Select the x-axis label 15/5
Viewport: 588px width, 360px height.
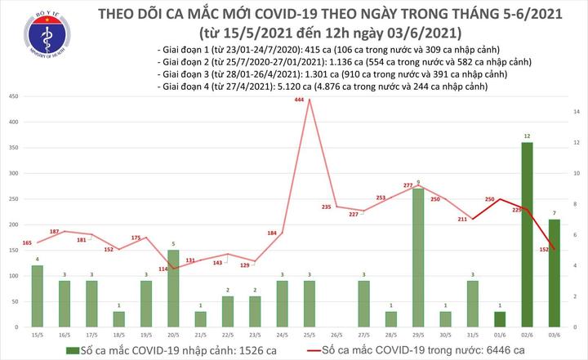(38, 335)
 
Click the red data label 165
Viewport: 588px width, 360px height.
(27, 242)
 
